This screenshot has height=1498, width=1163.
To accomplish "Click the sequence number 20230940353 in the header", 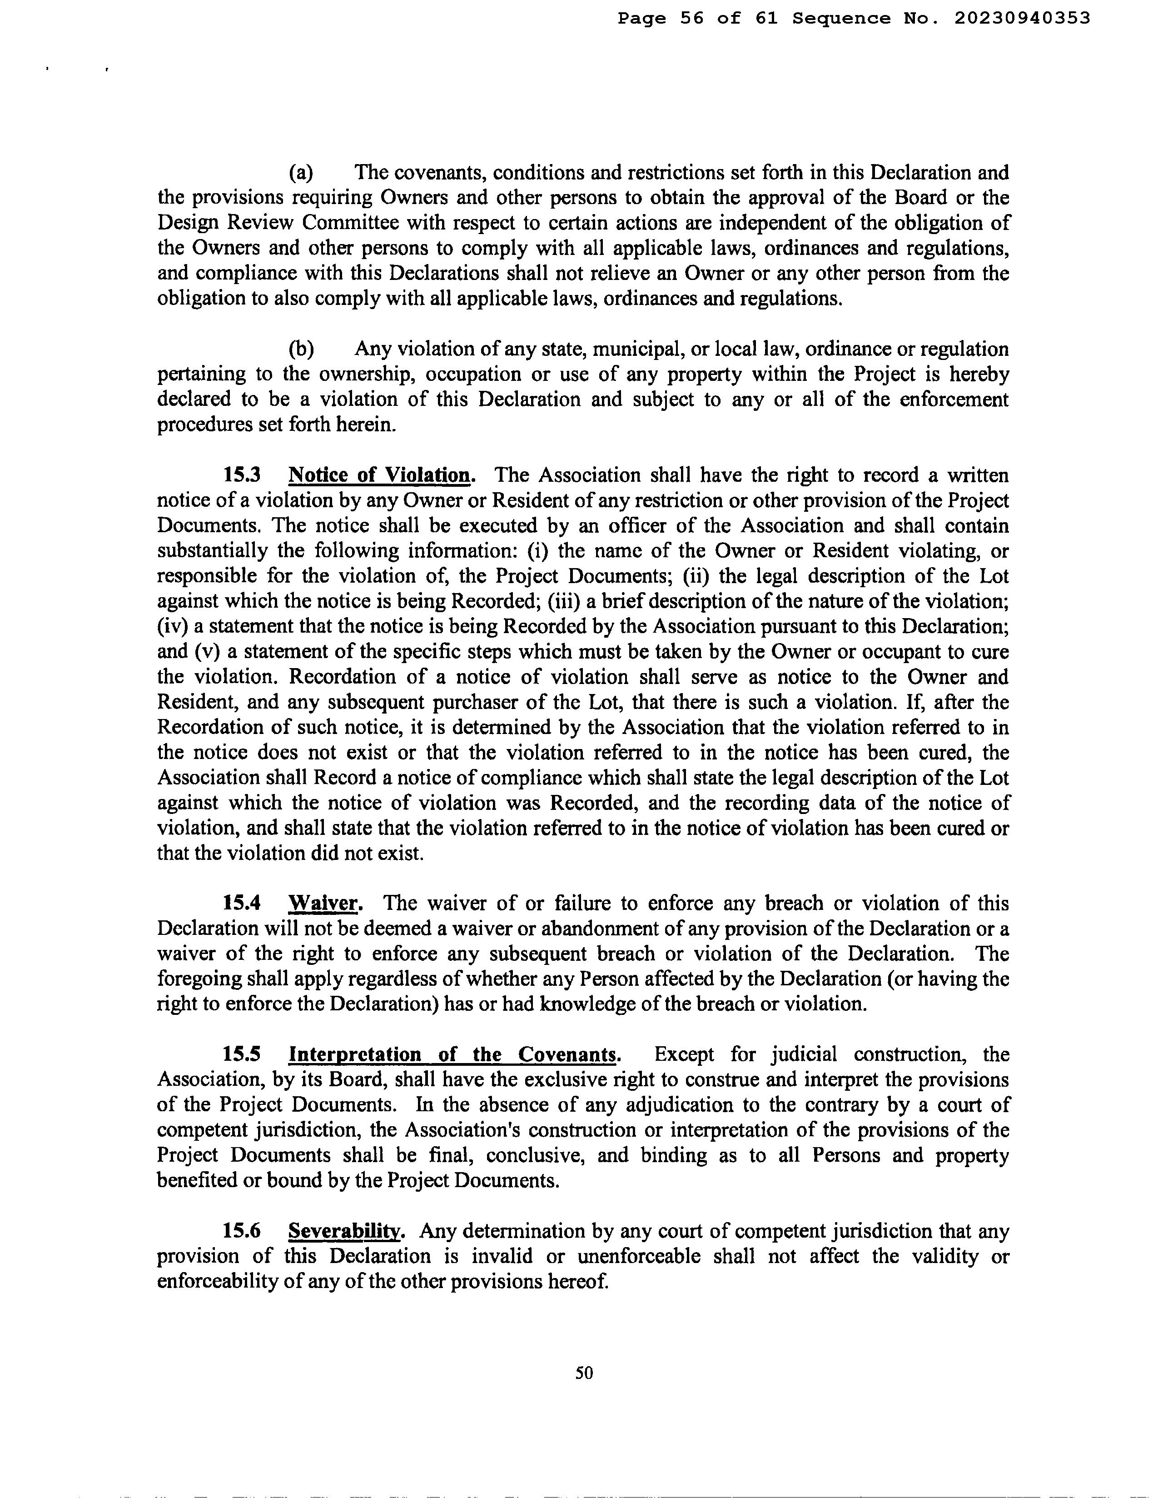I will click(x=1022, y=19).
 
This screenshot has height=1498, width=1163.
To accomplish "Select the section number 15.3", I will click(x=241, y=475).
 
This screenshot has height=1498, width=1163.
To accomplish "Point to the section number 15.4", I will click(x=241, y=904).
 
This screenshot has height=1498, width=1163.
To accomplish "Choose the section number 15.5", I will click(x=241, y=1054).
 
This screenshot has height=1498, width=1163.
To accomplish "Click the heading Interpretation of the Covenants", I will click(x=453, y=1054).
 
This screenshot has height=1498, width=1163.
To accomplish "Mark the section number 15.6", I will click(x=241, y=1231).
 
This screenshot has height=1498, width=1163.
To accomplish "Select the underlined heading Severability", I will click(x=345, y=1231).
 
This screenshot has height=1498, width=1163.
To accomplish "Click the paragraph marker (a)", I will click(x=301, y=172).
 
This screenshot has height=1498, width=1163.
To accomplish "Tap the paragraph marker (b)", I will click(x=301, y=349).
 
